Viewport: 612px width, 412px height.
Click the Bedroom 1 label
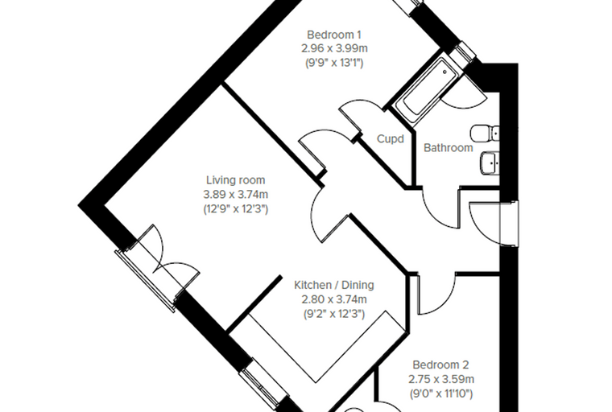tap(334, 35)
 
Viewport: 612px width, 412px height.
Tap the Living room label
tap(236, 180)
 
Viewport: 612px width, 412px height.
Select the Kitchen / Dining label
tap(334, 285)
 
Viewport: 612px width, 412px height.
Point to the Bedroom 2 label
tap(441, 365)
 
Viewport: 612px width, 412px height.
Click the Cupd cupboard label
tap(391, 139)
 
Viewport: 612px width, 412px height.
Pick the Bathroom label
tap(449, 148)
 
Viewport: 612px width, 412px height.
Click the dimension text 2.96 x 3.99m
tap(334, 49)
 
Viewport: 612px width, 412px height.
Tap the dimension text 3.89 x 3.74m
tap(236, 194)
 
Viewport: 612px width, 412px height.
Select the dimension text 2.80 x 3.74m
tap(334, 299)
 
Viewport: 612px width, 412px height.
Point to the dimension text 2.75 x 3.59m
tap(441, 379)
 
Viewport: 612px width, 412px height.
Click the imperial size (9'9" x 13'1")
tap(334, 63)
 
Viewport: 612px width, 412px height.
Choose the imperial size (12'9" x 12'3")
tap(236, 208)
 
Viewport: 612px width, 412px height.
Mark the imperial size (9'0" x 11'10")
tap(441, 393)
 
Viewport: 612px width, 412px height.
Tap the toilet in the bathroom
tap(485, 134)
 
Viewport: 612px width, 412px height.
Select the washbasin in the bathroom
tap(489, 163)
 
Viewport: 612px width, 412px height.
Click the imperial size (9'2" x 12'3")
tap(334, 314)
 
